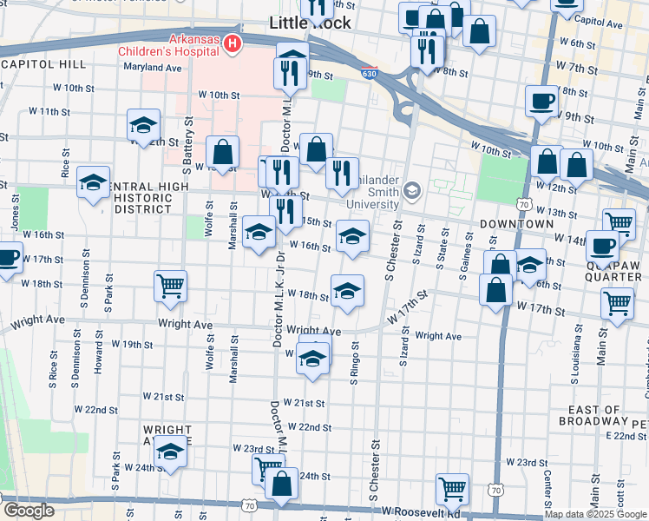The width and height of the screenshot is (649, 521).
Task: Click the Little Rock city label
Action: [311, 23]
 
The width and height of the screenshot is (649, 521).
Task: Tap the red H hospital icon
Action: [231, 42]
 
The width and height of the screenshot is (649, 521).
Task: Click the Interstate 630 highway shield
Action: [369, 76]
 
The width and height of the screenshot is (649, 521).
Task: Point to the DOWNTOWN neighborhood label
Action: [520, 224]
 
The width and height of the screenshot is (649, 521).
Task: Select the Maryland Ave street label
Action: [152, 67]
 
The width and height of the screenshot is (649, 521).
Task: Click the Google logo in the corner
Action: [28, 511]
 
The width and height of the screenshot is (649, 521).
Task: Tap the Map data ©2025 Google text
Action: [595, 514]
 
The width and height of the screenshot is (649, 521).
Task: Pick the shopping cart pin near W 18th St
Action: [171, 286]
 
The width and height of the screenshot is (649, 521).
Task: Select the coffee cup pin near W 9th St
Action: [541, 100]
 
